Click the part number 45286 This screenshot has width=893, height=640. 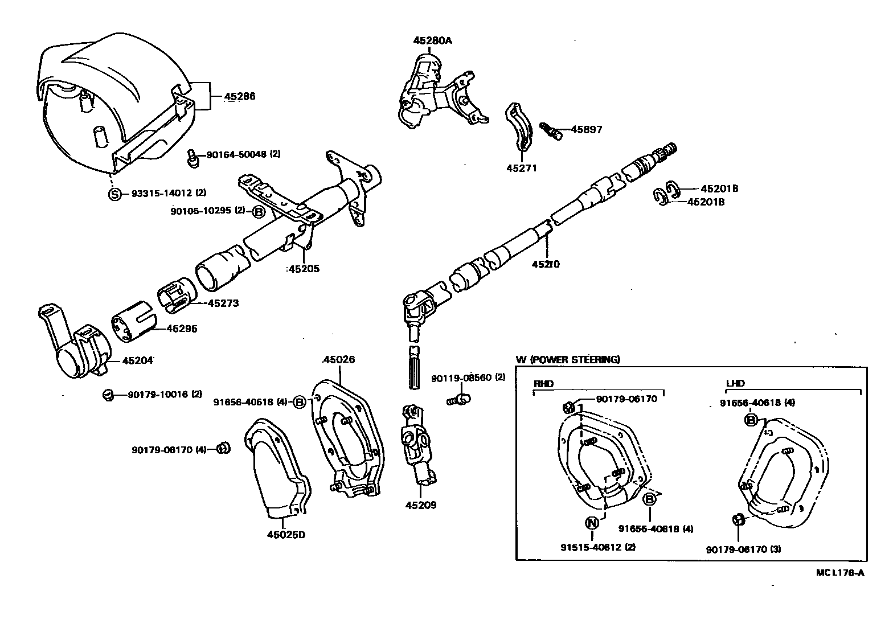point(239,96)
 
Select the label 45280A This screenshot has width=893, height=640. point(432,40)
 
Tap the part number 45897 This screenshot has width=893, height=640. point(586,130)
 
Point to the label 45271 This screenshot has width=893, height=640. point(521,168)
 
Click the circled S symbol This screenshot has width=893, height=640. point(115,194)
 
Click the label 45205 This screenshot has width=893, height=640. point(304,269)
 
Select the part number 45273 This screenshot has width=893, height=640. point(223,303)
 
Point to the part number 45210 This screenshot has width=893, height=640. point(546,264)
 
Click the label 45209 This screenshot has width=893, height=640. point(421,504)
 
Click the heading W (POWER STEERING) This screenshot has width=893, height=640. point(568,359)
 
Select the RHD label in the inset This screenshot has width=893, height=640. point(544,383)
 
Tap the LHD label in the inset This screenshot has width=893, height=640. point(735,383)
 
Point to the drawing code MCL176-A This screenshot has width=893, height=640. point(840,573)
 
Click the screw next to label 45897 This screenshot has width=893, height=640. point(550,130)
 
